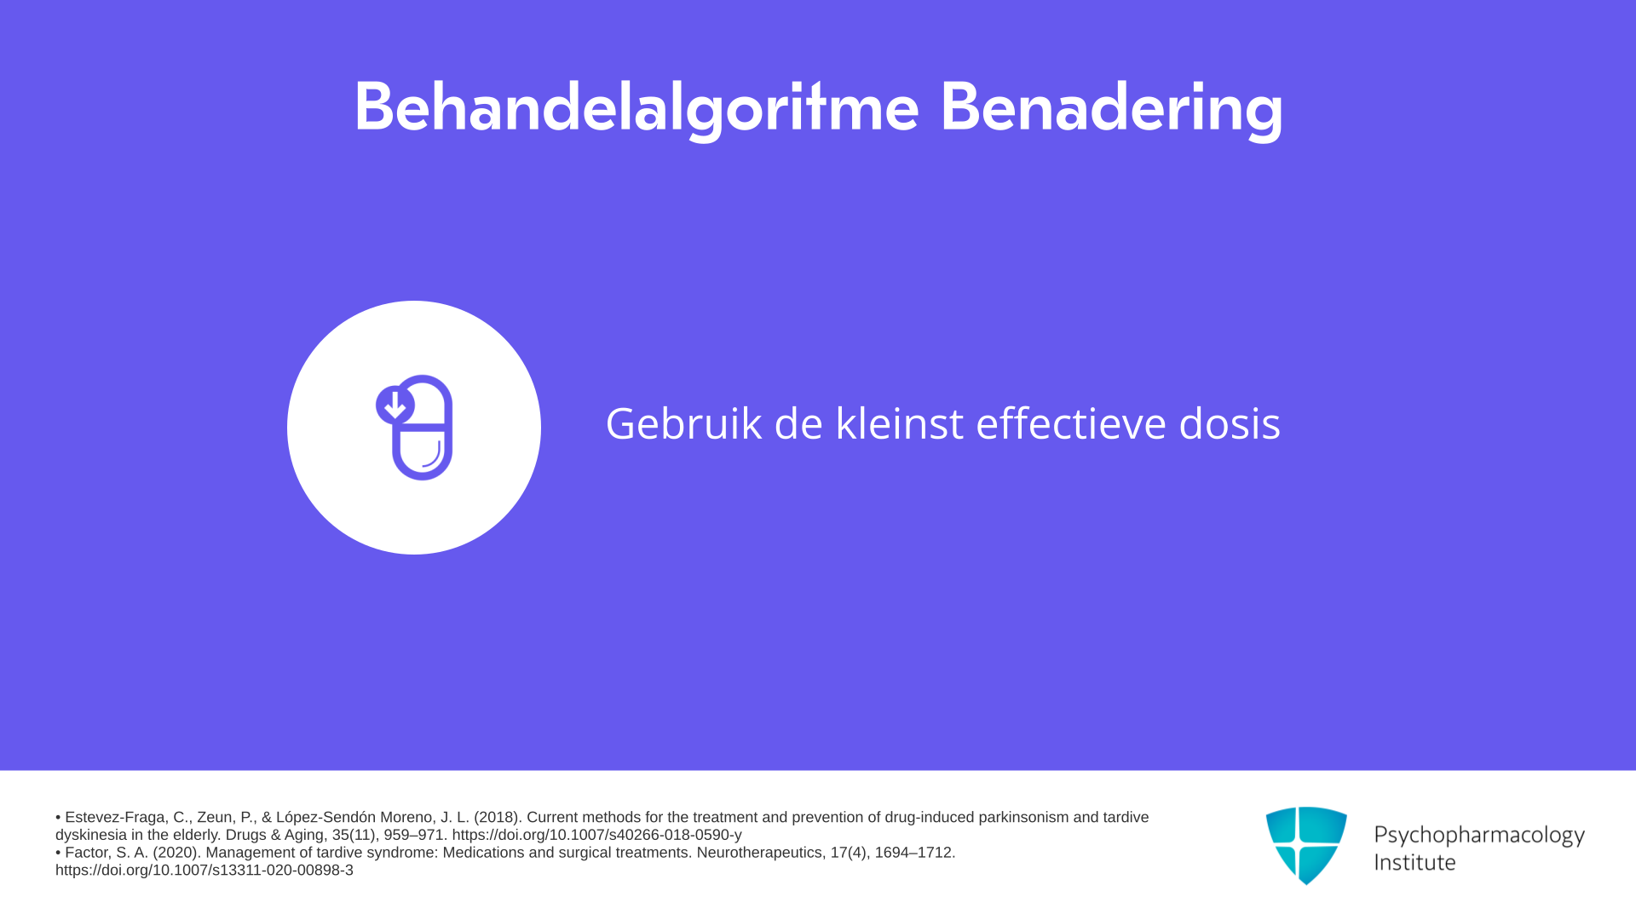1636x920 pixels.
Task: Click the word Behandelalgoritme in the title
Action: pos(637,108)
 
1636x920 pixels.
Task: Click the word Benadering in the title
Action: pos(1112,108)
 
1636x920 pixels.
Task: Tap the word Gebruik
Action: pos(683,423)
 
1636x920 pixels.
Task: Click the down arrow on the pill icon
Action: pos(395,405)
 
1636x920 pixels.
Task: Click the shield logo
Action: pos(1306,845)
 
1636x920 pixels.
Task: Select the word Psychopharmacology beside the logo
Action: pos(1479,835)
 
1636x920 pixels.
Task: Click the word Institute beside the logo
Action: pos(1414,862)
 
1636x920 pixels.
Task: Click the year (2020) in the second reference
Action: pos(176,853)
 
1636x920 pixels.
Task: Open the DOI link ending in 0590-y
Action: pos(596,836)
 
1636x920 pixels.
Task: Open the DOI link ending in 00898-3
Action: pos(204,871)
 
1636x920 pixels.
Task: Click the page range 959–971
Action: pos(414,836)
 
